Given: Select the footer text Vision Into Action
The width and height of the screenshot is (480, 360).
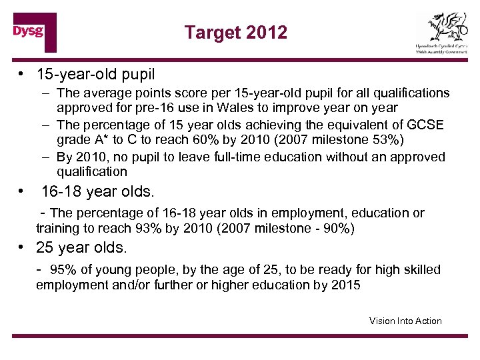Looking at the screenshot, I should click(x=405, y=321).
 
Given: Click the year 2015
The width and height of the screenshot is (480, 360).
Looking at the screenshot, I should click(x=345, y=285).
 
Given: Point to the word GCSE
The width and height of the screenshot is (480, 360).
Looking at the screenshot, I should click(x=427, y=125).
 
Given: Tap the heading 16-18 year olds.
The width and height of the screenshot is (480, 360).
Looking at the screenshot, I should click(x=97, y=192).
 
